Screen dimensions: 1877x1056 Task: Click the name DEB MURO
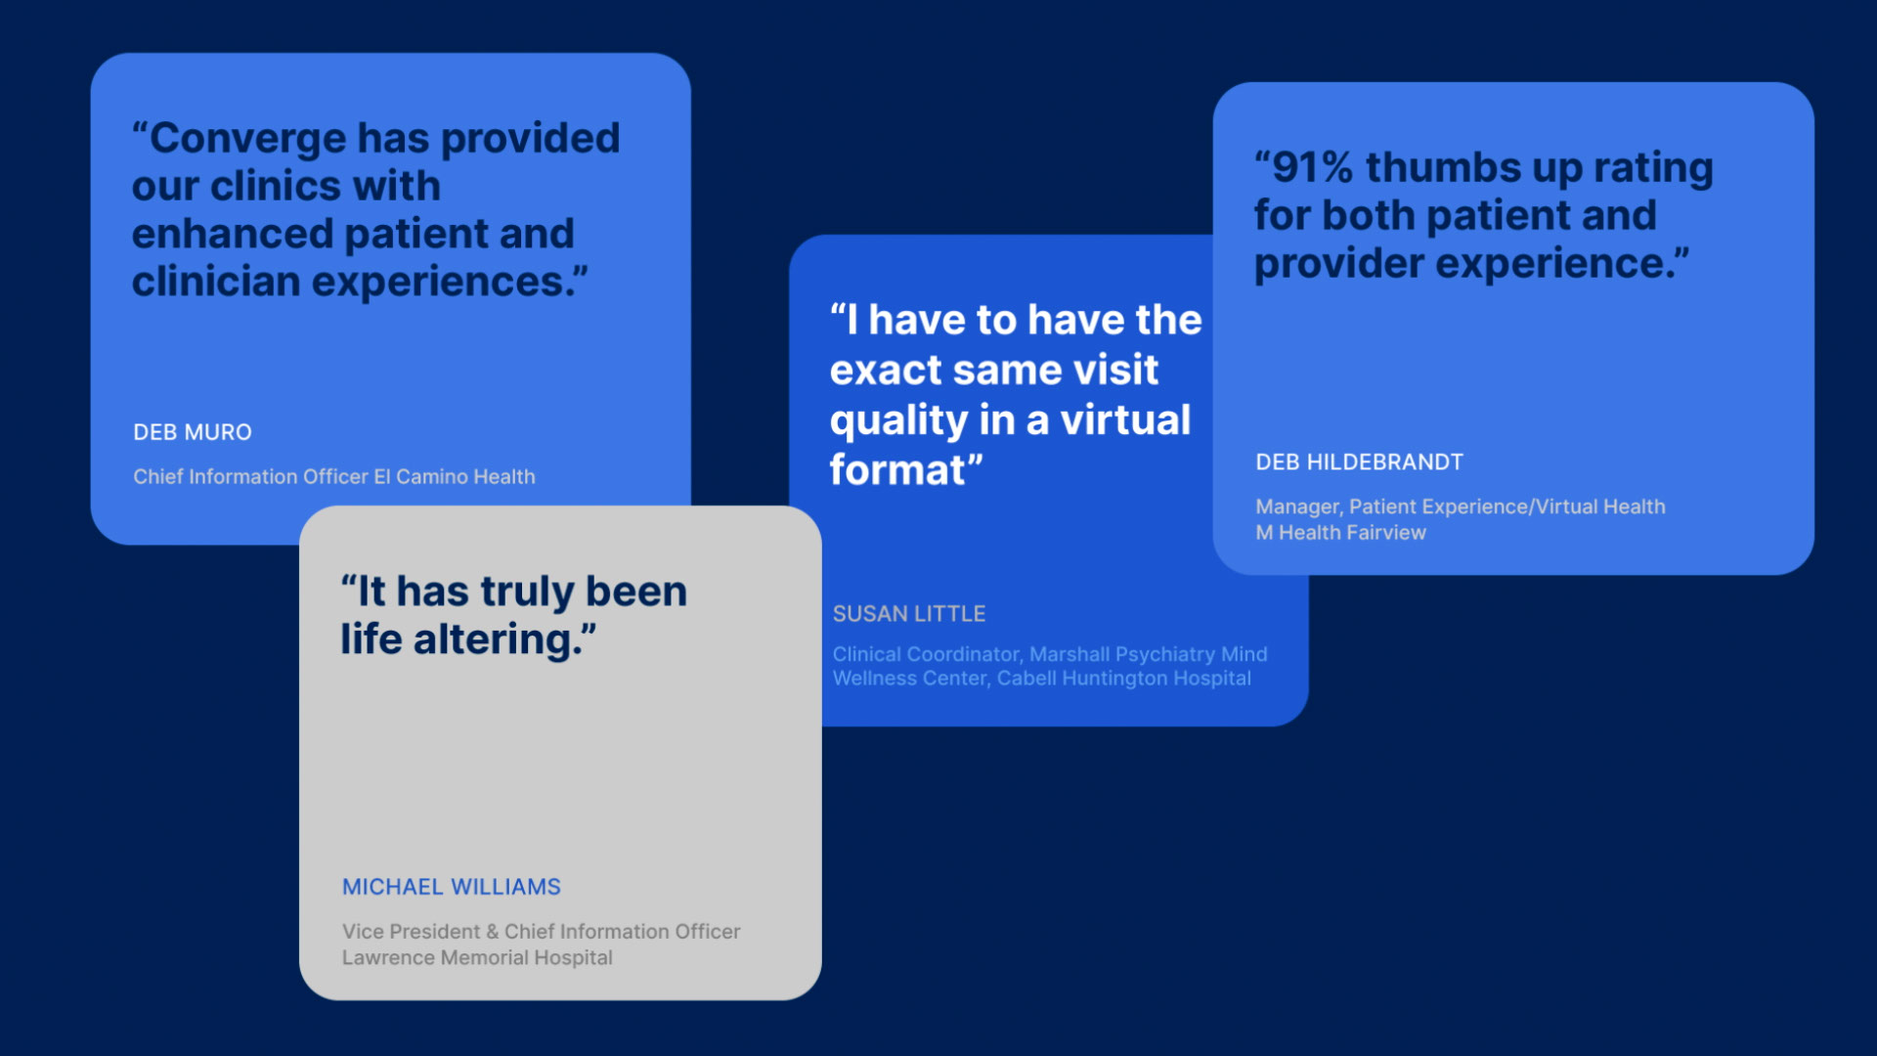pyautogui.click(x=193, y=432)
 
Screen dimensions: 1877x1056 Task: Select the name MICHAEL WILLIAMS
pyautogui.click(x=452, y=887)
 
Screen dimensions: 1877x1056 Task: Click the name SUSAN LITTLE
pyautogui.click(x=909, y=614)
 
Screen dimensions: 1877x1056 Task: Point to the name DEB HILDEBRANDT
pyautogui.click(x=1360, y=462)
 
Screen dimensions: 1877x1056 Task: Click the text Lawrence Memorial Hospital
pyautogui.click(x=477, y=958)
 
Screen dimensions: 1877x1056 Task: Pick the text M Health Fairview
pyautogui.click(x=1341, y=533)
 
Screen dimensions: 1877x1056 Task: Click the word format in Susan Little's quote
pyautogui.click(x=897, y=470)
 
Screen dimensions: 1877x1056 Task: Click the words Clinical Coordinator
pyautogui.click(x=927, y=654)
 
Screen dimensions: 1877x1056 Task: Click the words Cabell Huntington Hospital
pyautogui.click(x=1124, y=679)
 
